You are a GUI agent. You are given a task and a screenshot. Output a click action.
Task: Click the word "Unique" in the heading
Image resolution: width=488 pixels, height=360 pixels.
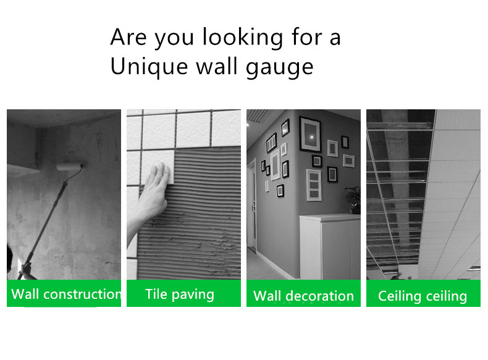tap(149, 66)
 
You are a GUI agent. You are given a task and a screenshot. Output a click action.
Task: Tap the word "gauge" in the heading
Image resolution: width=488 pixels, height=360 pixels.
tap(279, 68)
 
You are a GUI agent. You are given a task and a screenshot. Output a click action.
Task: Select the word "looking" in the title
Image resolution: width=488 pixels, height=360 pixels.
tap(243, 38)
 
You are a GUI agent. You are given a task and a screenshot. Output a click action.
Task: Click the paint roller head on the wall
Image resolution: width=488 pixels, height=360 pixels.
tap(70, 167)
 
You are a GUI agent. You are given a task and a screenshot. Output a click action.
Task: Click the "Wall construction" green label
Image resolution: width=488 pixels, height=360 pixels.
tap(64, 293)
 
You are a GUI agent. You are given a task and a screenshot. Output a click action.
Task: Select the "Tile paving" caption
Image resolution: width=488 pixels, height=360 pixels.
tap(180, 295)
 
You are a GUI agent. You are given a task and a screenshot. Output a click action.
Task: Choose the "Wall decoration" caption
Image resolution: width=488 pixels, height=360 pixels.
tap(303, 296)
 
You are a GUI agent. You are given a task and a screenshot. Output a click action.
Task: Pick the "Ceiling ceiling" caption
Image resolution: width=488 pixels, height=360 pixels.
tap(423, 296)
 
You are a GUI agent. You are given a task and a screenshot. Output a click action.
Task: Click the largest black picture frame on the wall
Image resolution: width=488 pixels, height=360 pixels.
tap(310, 134)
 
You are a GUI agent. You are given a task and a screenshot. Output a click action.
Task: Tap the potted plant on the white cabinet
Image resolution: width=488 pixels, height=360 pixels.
tap(354, 199)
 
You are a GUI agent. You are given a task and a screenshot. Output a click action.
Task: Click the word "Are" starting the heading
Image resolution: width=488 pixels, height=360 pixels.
tap(128, 37)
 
